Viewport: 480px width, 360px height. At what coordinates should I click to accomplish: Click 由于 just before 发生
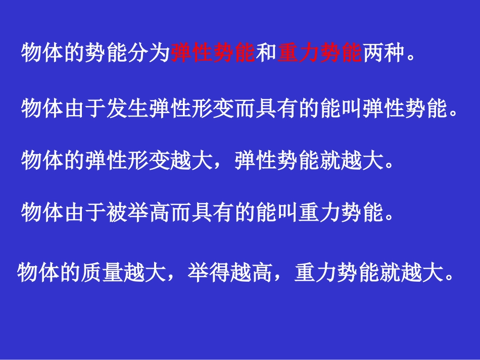tap(85, 108)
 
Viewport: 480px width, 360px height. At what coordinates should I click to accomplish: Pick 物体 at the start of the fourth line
tap(42, 213)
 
